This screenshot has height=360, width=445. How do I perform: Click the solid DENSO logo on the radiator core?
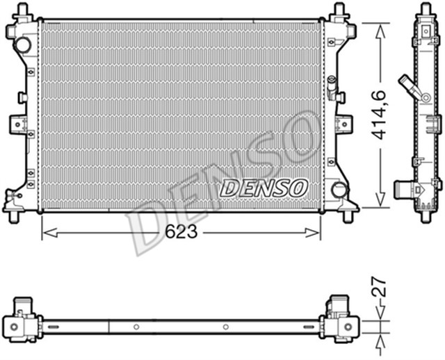(264, 186)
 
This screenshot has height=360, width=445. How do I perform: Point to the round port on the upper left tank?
(23, 45)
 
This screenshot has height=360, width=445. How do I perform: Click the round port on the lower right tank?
(339, 189)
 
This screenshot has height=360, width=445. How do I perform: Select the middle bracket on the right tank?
(343, 124)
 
